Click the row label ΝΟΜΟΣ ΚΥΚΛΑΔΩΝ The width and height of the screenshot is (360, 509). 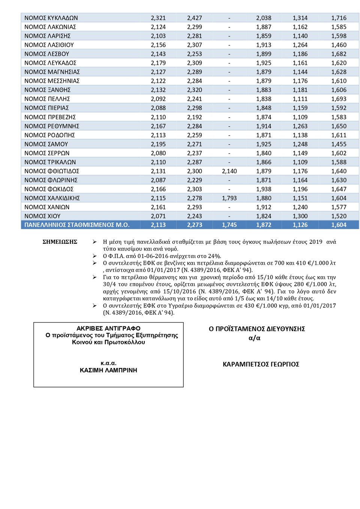(x=51, y=18)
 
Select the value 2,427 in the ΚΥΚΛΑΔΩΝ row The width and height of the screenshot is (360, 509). (x=194, y=18)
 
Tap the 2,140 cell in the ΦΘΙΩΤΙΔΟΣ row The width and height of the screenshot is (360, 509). (x=229, y=171)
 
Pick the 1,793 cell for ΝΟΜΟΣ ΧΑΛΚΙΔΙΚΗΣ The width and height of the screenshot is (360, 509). (x=229, y=198)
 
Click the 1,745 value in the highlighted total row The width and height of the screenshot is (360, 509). (x=229, y=225)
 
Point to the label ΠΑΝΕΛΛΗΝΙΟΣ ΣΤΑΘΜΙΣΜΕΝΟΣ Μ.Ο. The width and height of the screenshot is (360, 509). (x=77, y=225)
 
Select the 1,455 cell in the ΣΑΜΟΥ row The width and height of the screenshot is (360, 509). (x=339, y=144)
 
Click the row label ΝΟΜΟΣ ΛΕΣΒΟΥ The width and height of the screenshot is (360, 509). (x=46, y=54)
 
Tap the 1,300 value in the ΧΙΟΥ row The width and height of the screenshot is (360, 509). (x=300, y=216)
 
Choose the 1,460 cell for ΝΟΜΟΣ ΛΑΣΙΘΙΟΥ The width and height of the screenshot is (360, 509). (x=339, y=45)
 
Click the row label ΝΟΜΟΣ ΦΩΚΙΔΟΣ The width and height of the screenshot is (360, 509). (x=49, y=189)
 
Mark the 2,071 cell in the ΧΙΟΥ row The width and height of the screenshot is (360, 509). (x=158, y=216)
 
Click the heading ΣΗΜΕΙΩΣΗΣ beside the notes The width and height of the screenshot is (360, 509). (x=60, y=242)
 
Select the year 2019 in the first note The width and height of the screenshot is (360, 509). (x=316, y=242)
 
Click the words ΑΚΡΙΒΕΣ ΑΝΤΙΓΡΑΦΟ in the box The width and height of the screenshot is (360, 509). (x=108, y=329)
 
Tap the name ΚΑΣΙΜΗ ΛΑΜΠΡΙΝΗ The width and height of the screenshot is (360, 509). (x=108, y=370)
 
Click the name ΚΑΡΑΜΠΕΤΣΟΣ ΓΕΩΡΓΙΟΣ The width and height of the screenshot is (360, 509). (x=261, y=364)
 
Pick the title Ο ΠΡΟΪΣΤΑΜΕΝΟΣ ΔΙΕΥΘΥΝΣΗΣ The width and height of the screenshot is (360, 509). (x=257, y=329)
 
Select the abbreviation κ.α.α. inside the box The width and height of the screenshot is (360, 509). (x=108, y=363)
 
